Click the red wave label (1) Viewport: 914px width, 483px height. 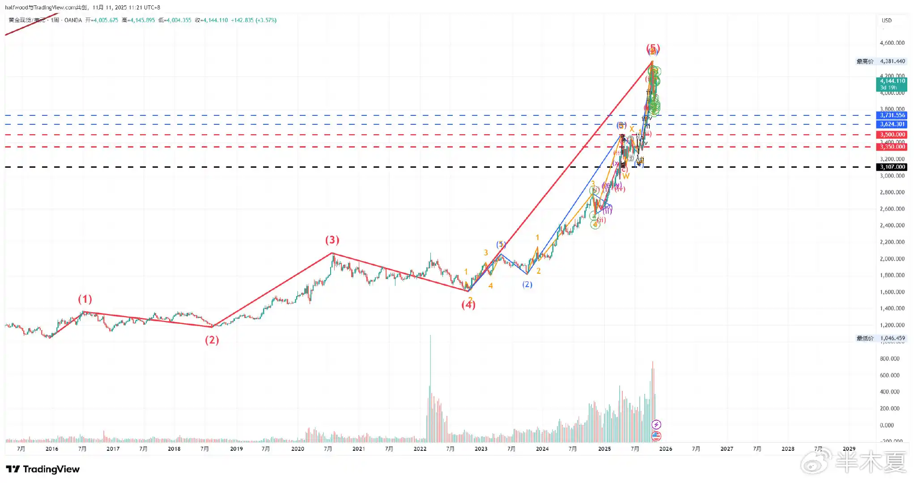pos(85,299)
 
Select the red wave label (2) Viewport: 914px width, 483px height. pos(212,340)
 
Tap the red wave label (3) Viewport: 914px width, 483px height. pos(332,240)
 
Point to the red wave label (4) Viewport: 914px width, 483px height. pos(468,305)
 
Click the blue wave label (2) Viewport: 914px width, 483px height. pos(527,284)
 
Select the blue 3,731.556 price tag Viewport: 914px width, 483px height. pos(892,115)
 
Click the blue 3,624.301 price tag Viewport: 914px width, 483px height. pos(892,124)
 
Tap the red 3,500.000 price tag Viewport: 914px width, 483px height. pos(892,135)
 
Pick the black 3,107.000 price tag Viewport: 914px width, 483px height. pos(892,167)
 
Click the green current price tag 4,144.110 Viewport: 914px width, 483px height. pos(892,81)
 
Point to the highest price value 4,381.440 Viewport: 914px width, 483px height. pos(892,61)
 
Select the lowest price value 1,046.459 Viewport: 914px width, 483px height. pos(892,338)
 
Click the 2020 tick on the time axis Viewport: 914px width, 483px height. pos(298,449)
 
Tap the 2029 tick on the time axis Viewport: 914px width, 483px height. pos(849,449)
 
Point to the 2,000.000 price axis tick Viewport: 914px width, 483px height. pos(892,259)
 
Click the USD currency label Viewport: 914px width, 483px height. pos(886,21)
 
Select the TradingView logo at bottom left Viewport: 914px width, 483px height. pos(43,469)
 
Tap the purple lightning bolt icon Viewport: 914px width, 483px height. pos(656,424)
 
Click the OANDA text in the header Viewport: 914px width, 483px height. pos(73,20)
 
